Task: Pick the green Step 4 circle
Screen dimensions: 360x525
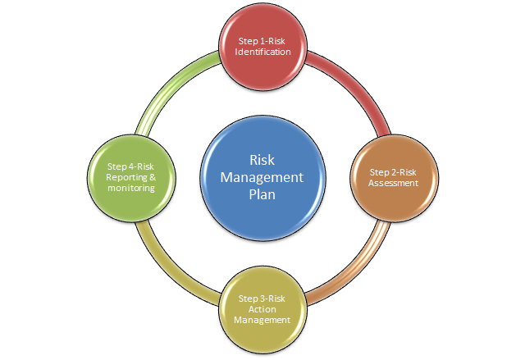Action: (x=131, y=177)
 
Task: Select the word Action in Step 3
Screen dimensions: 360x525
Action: (x=262, y=309)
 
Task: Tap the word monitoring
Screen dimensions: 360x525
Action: (x=131, y=189)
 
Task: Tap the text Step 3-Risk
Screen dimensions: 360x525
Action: (x=262, y=298)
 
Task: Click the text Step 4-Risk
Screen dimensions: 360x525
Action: (x=131, y=166)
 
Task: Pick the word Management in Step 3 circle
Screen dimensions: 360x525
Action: (x=262, y=320)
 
